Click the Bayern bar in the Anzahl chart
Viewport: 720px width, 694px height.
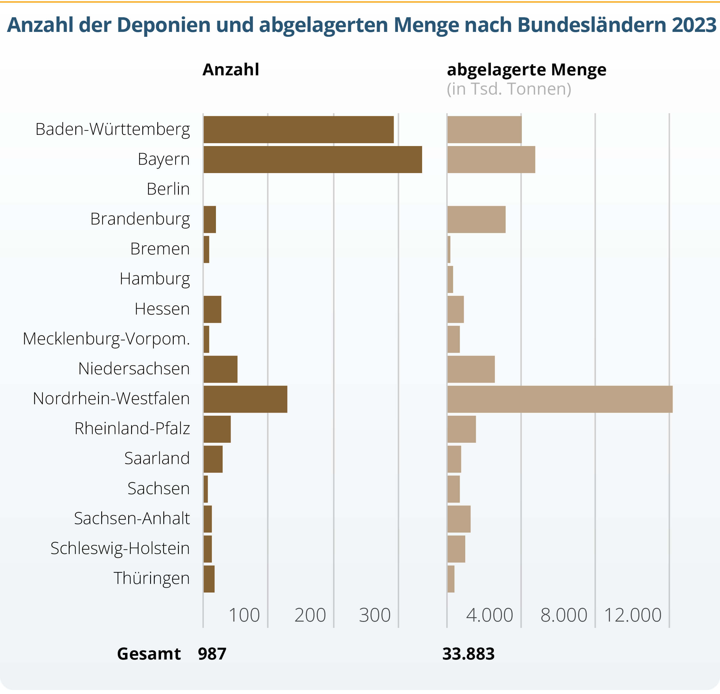(x=313, y=159)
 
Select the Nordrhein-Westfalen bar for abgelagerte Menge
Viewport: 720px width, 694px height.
(x=560, y=399)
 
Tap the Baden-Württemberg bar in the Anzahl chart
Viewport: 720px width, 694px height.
(x=298, y=130)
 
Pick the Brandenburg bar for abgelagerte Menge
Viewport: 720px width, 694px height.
(x=476, y=220)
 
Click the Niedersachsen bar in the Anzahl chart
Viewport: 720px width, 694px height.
(x=221, y=369)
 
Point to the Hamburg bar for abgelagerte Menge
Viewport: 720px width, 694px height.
(x=450, y=279)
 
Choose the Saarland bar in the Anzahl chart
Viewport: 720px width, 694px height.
(x=213, y=459)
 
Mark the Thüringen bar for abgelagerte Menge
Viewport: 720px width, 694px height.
(x=451, y=579)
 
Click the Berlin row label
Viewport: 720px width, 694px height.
(x=168, y=189)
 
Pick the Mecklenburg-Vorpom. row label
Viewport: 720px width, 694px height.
(x=106, y=339)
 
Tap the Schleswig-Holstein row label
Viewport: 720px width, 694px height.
(x=120, y=549)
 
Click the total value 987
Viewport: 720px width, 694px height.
(x=212, y=654)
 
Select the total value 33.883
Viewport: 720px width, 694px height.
(x=468, y=654)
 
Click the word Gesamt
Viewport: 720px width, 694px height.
(x=149, y=654)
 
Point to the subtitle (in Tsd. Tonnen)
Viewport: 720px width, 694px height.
(x=509, y=89)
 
